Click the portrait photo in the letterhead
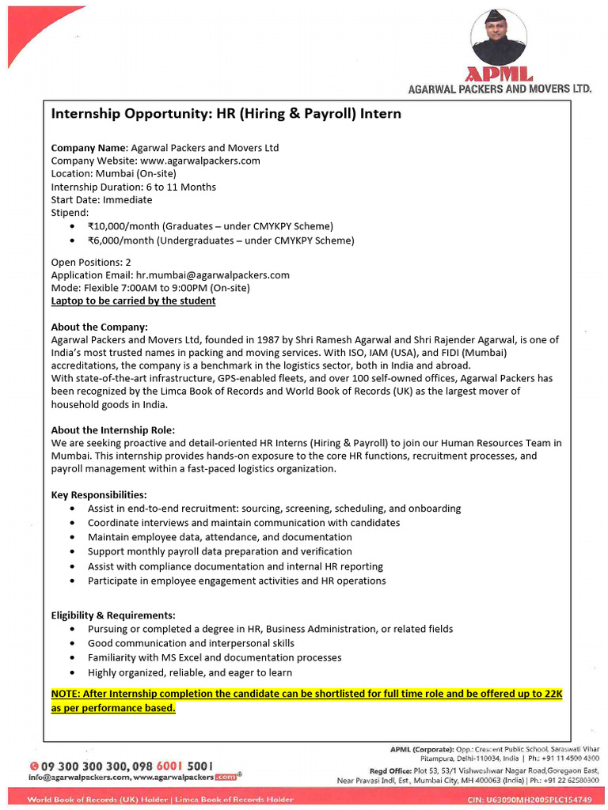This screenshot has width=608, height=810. click(499, 36)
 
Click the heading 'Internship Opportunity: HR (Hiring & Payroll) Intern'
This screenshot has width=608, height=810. click(226, 114)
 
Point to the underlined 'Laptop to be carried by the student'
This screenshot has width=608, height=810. click(133, 301)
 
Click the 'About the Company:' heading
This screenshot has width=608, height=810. click(99, 327)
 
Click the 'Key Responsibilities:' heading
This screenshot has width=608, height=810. click(99, 495)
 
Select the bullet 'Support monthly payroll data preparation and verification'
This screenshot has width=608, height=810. click(219, 551)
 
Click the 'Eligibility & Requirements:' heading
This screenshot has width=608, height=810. click(113, 615)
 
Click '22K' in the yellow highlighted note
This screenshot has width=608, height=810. click(552, 694)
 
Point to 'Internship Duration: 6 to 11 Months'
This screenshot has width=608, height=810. click(133, 187)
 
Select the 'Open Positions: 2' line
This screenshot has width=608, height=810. click(91, 262)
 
